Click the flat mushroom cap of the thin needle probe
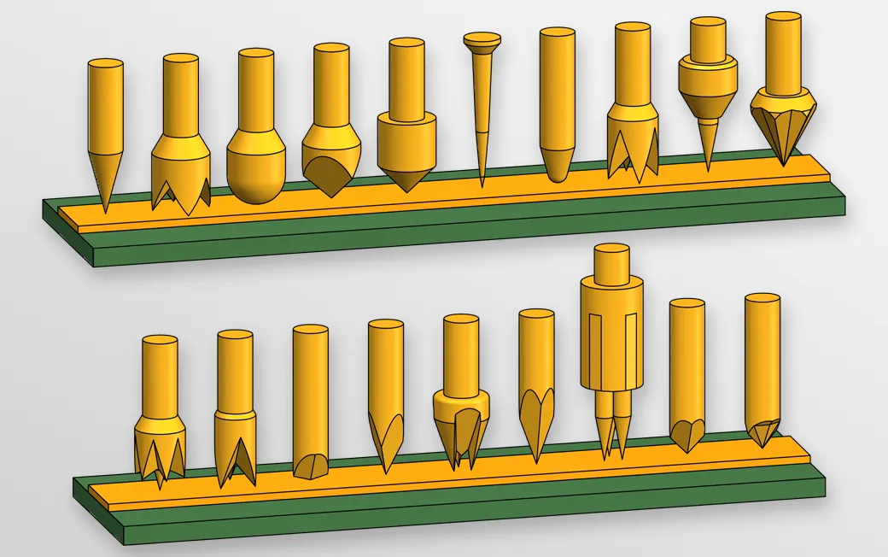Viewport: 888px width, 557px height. pyautogui.click(x=482, y=39)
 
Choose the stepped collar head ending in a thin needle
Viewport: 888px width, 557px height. pyautogui.click(x=708, y=94)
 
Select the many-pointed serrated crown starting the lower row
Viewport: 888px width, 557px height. pyautogui.click(x=160, y=449)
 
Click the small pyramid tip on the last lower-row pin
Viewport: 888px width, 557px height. pyautogui.click(x=762, y=431)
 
